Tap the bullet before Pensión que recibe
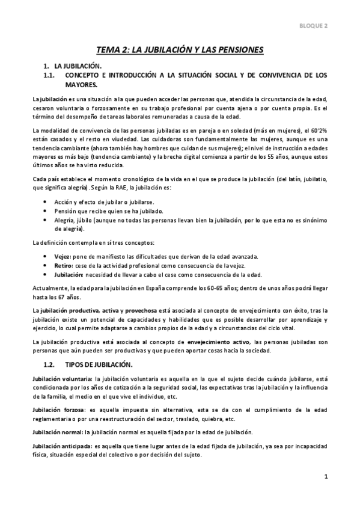[47, 210]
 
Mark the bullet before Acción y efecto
[47, 201]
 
